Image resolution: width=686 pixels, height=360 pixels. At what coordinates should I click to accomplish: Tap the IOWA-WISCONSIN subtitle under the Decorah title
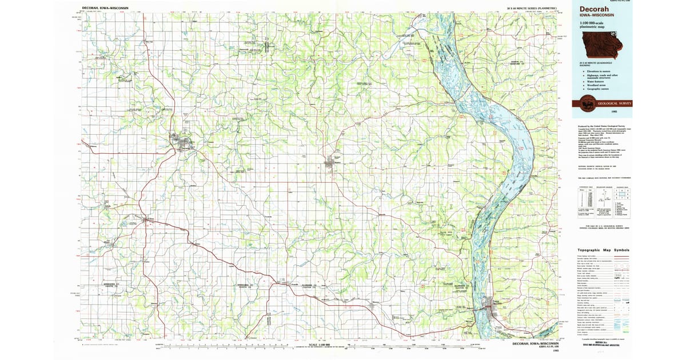(597, 16)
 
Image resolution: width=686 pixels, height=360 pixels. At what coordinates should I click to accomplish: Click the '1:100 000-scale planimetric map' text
(595, 25)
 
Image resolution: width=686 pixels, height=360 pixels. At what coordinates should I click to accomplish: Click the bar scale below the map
(320, 346)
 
